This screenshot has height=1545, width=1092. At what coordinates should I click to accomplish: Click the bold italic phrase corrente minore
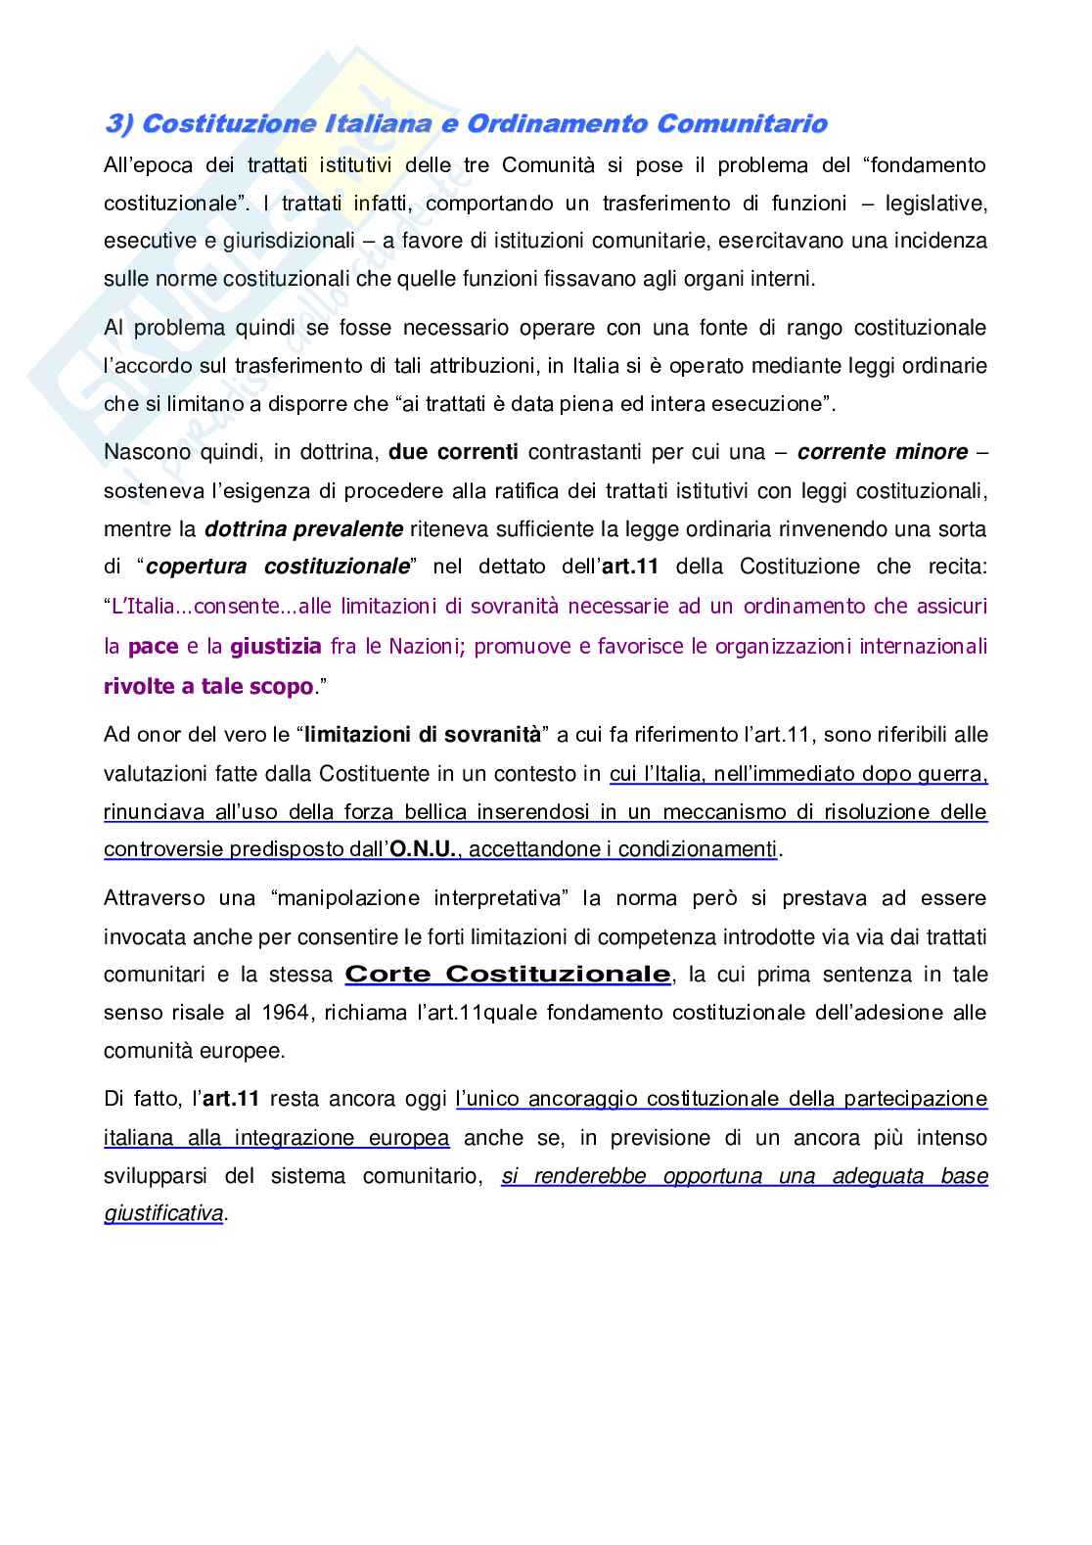883,452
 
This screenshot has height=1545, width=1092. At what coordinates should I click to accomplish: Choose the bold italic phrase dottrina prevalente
303,529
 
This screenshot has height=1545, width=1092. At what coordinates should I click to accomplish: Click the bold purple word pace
153,646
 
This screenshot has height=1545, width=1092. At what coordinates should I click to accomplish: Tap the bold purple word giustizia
275,646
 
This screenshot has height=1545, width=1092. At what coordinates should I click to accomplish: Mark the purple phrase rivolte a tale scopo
208,686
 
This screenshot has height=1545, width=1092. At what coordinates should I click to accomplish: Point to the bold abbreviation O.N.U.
423,849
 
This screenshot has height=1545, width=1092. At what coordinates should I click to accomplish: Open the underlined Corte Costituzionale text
508,975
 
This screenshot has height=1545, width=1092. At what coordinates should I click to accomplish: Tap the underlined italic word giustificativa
164,1213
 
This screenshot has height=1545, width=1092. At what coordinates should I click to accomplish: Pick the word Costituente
376,774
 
